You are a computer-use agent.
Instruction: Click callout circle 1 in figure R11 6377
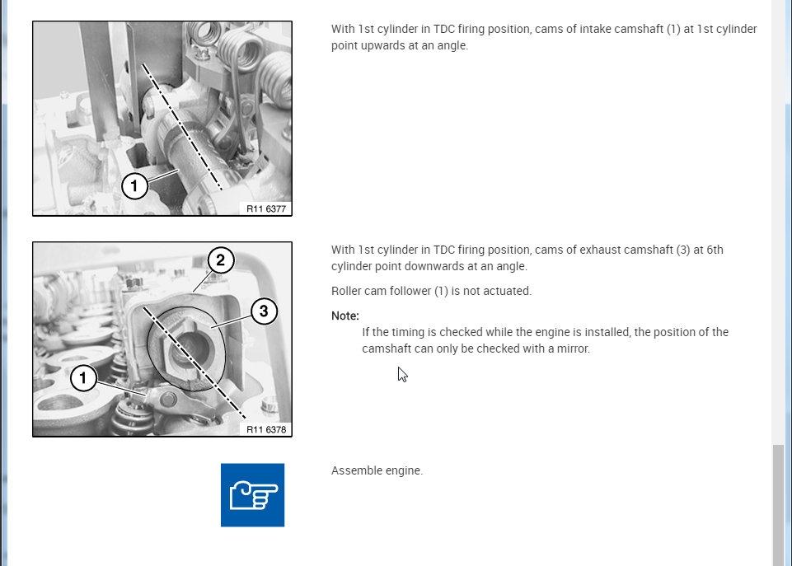[134, 186]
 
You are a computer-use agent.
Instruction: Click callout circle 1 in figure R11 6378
[83, 377]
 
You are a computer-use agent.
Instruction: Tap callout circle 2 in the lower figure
[221, 260]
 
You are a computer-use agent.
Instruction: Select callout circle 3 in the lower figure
[264, 311]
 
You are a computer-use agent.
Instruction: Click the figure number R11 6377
[266, 208]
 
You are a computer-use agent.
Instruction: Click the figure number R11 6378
[266, 429]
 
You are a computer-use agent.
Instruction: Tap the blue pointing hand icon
[252, 495]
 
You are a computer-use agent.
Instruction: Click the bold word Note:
[345, 316]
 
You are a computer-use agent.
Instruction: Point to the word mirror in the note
[573, 348]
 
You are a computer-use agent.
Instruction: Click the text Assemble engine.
[377, 470]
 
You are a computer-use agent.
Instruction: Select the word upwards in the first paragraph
[359, 45]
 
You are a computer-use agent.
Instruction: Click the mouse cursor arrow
[402, 375]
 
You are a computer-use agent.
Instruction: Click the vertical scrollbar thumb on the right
[778, 505]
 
